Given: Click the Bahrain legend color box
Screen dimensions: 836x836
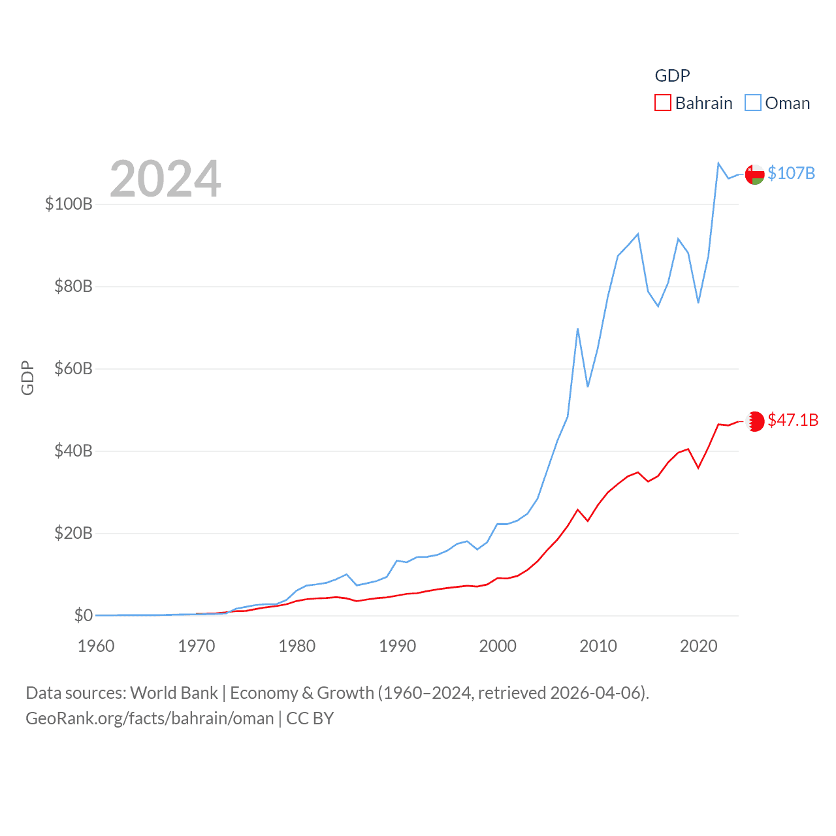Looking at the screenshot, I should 663,103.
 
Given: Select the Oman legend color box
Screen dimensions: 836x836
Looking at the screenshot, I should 753,103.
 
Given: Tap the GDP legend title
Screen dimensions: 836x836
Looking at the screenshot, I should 672,76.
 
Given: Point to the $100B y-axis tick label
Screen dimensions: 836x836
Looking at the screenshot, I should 69,204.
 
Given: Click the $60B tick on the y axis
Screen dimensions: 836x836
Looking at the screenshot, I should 73,368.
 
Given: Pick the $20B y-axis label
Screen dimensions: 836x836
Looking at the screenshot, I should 73,533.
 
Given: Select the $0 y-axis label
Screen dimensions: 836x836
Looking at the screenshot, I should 83,615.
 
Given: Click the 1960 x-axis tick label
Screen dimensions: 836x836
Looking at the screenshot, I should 96,646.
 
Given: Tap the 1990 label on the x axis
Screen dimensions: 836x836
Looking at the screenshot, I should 397,646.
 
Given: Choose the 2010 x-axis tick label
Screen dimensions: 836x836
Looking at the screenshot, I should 598,646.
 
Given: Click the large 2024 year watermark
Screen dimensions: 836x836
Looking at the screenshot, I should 165,178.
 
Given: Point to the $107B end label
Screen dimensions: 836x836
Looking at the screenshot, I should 791,173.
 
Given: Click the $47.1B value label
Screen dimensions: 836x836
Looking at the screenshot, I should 793,420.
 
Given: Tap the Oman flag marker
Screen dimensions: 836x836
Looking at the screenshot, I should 755,174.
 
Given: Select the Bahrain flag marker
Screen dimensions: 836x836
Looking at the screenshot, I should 755,421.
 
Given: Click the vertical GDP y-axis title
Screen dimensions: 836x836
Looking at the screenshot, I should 27,378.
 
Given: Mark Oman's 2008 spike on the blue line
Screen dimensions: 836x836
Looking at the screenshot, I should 578,329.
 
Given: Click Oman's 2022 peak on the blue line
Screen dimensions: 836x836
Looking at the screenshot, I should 718,163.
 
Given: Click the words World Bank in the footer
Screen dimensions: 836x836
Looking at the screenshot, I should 174,692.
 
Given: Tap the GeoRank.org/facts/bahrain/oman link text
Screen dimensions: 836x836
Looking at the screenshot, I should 150,718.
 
